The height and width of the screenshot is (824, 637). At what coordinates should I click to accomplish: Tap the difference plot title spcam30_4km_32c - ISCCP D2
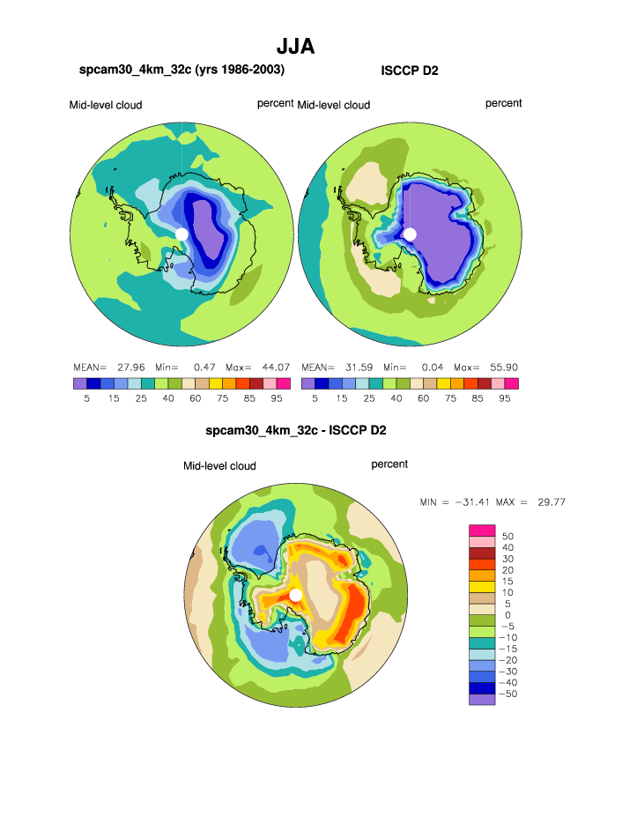tap(296, 431)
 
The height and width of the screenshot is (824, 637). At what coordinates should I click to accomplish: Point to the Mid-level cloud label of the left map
tap(106, 105)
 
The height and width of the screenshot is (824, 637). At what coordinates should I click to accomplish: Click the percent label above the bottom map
tap(389, 464)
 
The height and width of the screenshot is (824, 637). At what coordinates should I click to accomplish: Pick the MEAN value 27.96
tap(129, 367)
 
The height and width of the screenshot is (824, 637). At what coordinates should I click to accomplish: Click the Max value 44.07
tap(274, 367)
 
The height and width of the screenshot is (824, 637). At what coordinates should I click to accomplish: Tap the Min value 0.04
tap(432, 367)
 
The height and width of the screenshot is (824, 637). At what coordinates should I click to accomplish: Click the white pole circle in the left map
tap(181, 234)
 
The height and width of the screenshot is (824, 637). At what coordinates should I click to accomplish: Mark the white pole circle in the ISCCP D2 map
tap(410, 234)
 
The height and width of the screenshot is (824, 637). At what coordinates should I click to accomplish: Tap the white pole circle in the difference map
tap(296, 595)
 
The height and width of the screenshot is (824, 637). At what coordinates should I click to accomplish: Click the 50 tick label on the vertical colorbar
tap(507, 536)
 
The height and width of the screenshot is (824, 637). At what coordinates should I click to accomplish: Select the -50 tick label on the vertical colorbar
tap(509, 695)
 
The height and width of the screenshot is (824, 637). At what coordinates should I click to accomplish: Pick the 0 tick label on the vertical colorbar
tap(507, 615)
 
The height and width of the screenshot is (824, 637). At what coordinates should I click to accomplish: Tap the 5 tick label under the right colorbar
tap(315, 397)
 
